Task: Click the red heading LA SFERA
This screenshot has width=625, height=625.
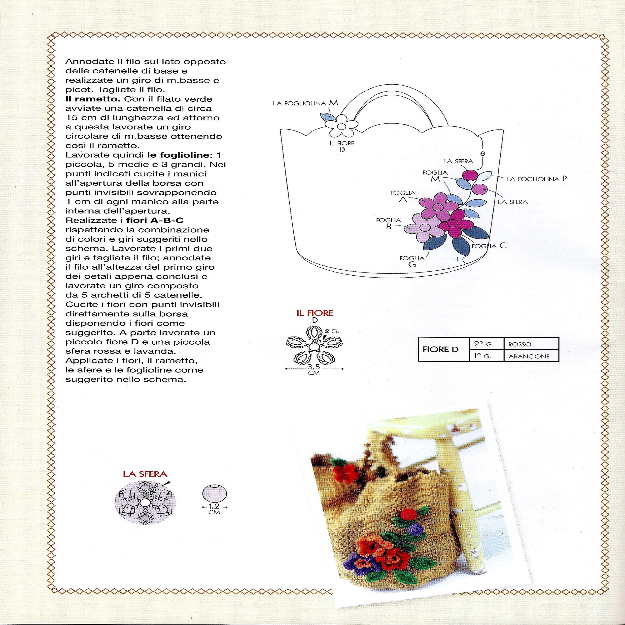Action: pyautogui.click(x=145, y=474)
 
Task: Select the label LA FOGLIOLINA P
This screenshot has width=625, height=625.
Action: pyautogui.click(x=536, y=179)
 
